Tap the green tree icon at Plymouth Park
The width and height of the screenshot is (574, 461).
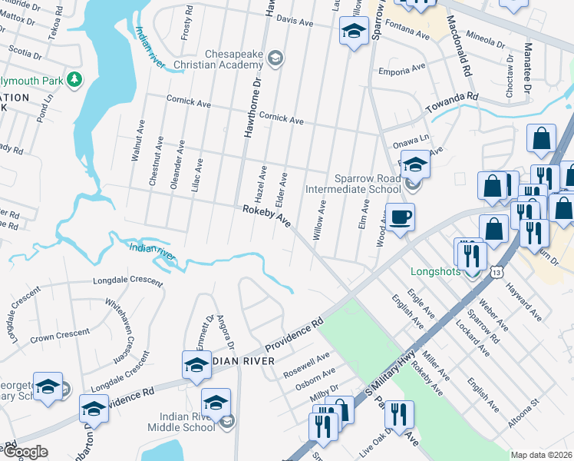pos(74,79)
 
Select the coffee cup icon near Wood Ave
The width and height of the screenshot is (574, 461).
pos(399,217)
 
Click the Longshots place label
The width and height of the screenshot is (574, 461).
pos(437,271)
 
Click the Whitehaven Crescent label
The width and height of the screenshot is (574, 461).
pos(120,330)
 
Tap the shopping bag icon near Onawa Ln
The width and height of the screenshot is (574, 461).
pos(541,139)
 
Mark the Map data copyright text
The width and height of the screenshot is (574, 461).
pos(541,455)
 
